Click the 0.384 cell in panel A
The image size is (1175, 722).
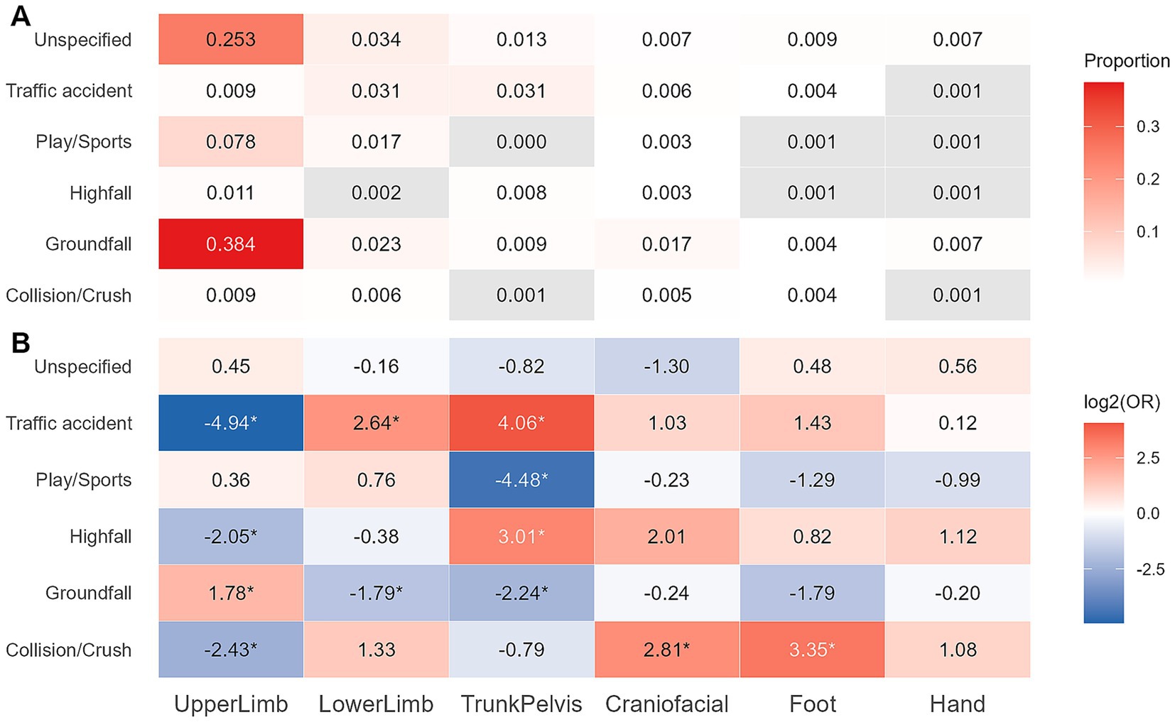[x=230, y=244]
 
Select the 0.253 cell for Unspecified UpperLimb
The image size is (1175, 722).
[x=230, y=40]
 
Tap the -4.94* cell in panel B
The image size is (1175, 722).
[x=230, y=423]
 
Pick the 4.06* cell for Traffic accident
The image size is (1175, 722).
[x=521, y=423]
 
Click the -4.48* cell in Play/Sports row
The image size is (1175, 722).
[x=521, y=480]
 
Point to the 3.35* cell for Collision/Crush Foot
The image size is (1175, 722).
[x=812, y=650]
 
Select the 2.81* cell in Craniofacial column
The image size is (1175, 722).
[x=666, y=650]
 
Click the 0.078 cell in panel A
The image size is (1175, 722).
[x=230, y=142]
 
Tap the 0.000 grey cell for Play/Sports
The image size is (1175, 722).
[x=521, y=142]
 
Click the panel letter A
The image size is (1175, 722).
[x=21, y=16]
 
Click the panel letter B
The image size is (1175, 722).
[x=21, y=343]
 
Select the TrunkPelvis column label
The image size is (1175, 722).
[x=521, y=704]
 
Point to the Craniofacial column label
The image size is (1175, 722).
[x=666, y=704]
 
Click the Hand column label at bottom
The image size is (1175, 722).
[x=957, y=704]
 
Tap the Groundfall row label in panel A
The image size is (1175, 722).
[x=88, y=244]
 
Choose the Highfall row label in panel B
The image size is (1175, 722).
[x=100, y=537]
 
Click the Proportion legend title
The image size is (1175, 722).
[x=1127, y=61]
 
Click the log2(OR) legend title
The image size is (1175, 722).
[x=1122, y=403]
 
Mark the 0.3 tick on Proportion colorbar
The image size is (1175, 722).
[x=1147, y=127]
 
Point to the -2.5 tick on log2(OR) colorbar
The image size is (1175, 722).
[x=1149, y=569]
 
